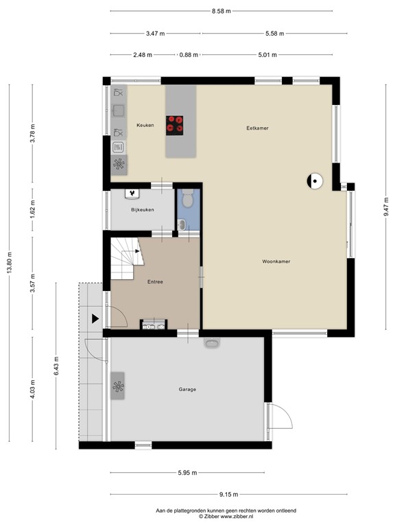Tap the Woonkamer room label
click(x=276, y=261)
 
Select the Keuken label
click(x=145, y=125)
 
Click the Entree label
click(x=155, y=282)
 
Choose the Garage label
click(x=187, y=389)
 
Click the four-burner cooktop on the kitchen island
click(x=176, y=123)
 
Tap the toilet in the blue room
click(x=189, y=199)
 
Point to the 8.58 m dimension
click(x=222, y=11)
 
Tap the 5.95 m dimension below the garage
click(x=187, y=473)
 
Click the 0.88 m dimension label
click(x=188, y=55)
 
